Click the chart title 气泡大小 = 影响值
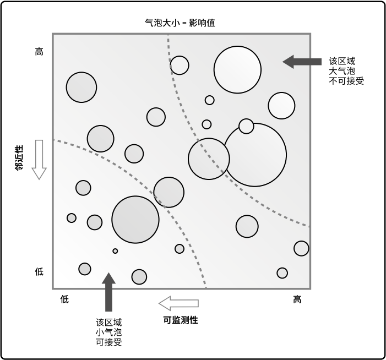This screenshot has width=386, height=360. [180, 23]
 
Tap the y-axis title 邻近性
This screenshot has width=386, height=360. [19, 157]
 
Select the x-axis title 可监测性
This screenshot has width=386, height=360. [181, 320]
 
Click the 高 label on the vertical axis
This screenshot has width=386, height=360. [39, 52]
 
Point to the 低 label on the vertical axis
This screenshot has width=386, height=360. [39, 272]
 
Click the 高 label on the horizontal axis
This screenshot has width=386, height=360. [297, 299]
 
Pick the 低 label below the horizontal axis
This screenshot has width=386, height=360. [64, 299]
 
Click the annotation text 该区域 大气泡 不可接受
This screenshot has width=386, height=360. [346, 71]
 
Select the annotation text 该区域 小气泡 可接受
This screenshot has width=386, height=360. [108, 332]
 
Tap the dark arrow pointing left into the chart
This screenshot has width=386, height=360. [302, 62]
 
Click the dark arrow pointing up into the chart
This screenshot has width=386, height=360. [108, 292]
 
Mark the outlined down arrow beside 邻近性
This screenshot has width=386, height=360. [39, 160]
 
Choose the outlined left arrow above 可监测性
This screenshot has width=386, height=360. [179, 303]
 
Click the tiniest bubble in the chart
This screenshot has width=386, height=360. [115, 251]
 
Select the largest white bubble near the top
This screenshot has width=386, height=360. [237, 70]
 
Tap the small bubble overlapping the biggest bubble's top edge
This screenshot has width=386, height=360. [246, 126]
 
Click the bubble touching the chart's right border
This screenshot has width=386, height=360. [301, 248]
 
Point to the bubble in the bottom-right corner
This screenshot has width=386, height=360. [282, 273]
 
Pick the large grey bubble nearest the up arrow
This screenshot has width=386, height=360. [135, 220]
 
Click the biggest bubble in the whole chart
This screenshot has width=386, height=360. [255, 155]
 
